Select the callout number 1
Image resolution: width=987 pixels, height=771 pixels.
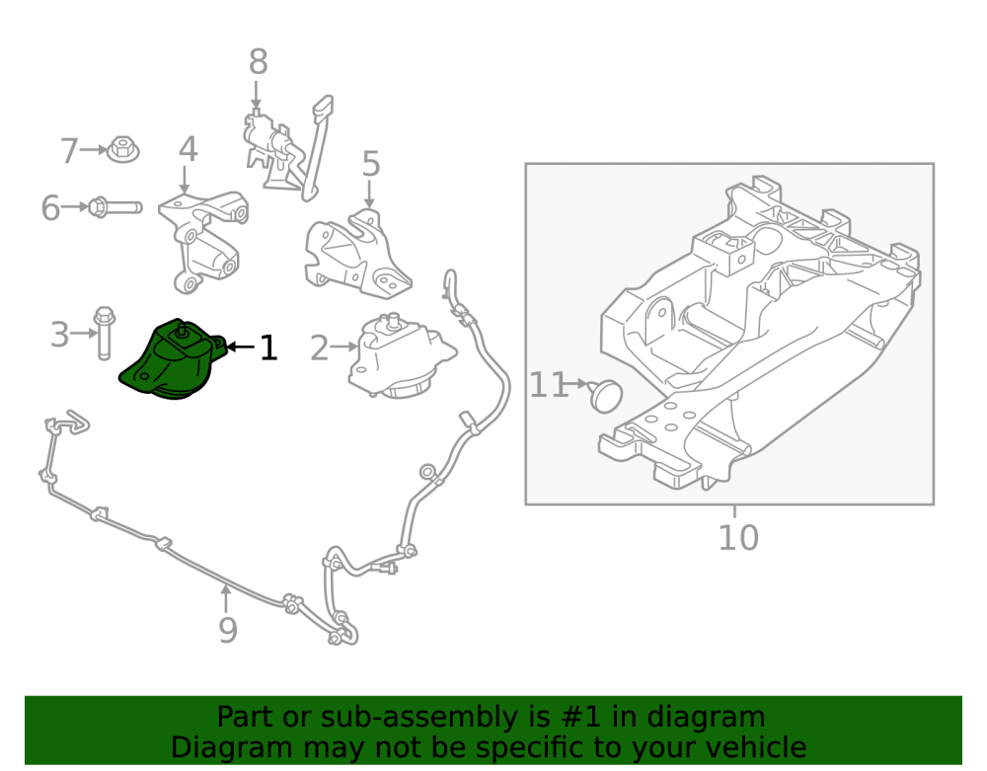tap(268, 347)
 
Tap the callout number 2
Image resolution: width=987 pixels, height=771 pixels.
tap(319, 348)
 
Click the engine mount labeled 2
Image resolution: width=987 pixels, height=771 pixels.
tap(401, 355)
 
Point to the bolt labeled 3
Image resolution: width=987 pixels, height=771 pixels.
tap(104, 333)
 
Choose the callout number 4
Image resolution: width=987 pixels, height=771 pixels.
tap(189, 150)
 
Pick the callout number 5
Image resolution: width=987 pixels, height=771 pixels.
tap(371, 164)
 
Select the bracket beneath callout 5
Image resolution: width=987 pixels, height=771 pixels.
tap(356, 254)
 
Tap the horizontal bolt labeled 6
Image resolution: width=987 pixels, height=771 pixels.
tap(115, 207)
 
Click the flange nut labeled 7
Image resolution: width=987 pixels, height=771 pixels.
tap(123, 150)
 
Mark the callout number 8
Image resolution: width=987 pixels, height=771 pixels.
tap(258, 62)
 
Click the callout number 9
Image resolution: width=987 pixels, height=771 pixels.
tap(228, 630)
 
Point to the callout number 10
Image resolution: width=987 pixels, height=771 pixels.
tap(738, 537)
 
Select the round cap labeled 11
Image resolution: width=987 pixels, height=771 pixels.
tap(606, 395)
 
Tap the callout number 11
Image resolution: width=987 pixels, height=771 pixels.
tap(549, 385)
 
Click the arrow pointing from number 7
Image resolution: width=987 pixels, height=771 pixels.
tap(95, 150)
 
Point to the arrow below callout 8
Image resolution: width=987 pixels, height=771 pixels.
tap(257, 95)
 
